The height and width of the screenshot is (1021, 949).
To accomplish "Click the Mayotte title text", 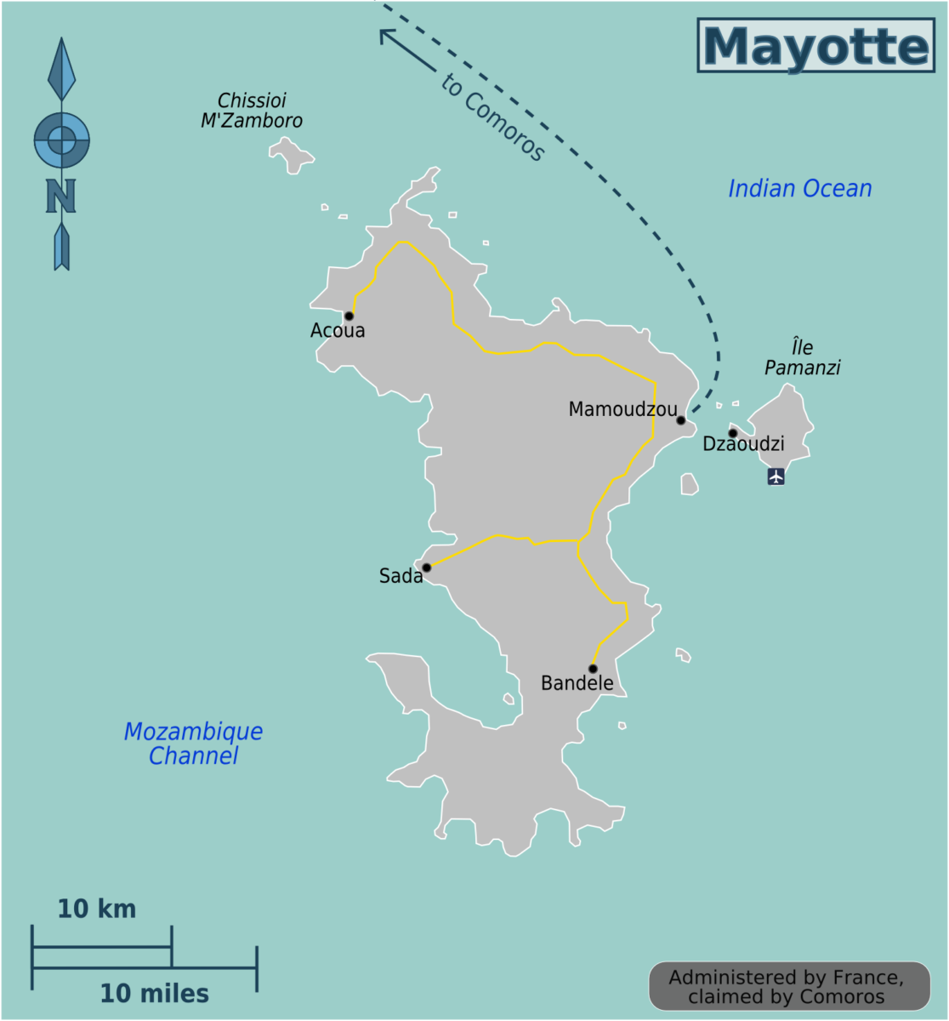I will [x=815, y=47].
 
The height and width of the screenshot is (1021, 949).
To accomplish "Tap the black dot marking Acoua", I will [x=349, y=316].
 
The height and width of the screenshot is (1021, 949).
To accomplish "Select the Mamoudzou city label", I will [x=622, y=409].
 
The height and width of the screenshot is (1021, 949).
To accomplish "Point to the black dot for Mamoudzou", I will [x=680, y=420].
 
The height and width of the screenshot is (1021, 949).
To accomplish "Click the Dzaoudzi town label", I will [x=743, y=444].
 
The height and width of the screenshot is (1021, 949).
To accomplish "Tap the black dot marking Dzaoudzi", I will [x=732, y=433].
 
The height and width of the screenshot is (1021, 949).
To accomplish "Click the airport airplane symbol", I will [x=776, y=476].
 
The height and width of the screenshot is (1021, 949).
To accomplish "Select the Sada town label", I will [x=401, y=576].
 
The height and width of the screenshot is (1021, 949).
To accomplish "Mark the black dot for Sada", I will [x=427, y=568].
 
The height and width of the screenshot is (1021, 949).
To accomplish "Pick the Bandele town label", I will [x=577, y=683].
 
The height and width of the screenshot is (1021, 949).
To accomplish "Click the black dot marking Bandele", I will [x=593, y=669].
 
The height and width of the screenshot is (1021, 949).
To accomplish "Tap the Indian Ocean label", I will [x=799, y=188].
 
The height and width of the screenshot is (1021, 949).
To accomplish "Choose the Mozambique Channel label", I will [x=193, y=743].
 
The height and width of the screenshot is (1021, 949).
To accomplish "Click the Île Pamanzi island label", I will [x=802, y=357].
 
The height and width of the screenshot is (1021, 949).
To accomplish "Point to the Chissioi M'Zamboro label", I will [x=251, y=111].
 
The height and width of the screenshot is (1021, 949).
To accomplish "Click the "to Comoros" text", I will [x=493, y=117].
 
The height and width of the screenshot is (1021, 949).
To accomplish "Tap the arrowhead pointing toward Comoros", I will [x=384, y=35].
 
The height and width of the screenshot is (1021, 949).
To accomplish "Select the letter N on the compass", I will [x=60, y=196].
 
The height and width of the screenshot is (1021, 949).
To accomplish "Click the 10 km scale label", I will [x=96, y=909].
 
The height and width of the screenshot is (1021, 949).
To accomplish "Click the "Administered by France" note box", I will [x=787, y=987].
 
